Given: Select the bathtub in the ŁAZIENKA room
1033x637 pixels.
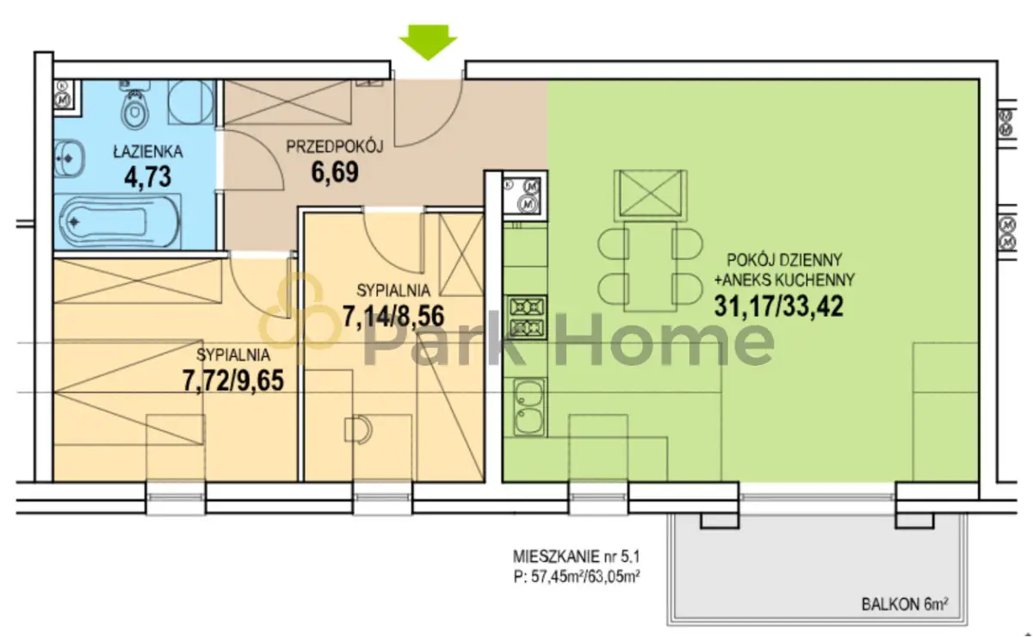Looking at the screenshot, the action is (x=118, y=222).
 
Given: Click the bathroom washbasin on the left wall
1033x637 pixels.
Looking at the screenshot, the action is (x=69, y=158).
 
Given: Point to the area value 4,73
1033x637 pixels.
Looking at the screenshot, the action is (x=147, y=177).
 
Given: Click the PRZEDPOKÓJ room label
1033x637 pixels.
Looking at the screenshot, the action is (x=335, y=146).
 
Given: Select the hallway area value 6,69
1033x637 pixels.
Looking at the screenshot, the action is (x=335, y=172).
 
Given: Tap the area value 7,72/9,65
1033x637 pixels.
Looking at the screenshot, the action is (x=233, y=381).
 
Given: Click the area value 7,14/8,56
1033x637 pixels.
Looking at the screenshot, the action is (x=393, y=317).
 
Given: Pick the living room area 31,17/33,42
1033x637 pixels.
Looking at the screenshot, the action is (x=779, y=306).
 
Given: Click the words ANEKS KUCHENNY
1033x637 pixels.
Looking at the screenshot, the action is (x=789, y=280).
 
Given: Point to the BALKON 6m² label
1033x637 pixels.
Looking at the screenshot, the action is (x=905, y=603).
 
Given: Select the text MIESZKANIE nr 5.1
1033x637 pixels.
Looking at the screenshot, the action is (x=577, y=557).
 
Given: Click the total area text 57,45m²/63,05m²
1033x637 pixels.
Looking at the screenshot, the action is (x=585, y=577).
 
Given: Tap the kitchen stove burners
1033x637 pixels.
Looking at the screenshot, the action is (x=527, y=318).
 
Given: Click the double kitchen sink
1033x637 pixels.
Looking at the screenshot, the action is (x=528, y=407).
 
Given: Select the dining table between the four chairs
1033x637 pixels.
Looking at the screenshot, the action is (x=650, y=267).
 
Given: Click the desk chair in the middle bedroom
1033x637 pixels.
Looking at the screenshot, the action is (x=358, y=430).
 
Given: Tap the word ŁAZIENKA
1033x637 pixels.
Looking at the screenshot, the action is (x=147, y=152).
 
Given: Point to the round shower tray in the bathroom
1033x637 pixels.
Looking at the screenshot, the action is (x=191, y=102).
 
